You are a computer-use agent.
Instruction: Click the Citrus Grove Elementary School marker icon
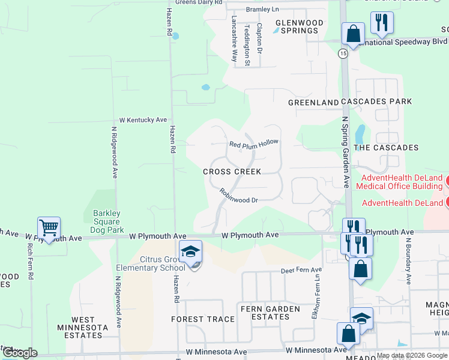pos(190,252)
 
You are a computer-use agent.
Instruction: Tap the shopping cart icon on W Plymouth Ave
pos(49,228)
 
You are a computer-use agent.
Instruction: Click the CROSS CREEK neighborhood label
pos(232,172)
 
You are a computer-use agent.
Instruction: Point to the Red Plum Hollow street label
pos(254,144)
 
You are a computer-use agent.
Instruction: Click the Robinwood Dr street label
pos(238,196)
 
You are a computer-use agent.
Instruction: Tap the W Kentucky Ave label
pos(143,120)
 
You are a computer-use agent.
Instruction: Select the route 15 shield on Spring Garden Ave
pos(343,54)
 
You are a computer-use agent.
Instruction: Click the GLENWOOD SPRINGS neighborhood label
pos(299,26)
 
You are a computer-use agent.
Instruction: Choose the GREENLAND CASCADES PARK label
pos(350,102)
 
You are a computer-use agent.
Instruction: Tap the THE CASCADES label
pos(386,148)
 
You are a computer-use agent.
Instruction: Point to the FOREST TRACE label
pos(203,319)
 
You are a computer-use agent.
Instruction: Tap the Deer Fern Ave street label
pos(302,271)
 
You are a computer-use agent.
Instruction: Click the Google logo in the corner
pos(20,353)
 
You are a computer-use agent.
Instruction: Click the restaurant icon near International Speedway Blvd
pos(382,23)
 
